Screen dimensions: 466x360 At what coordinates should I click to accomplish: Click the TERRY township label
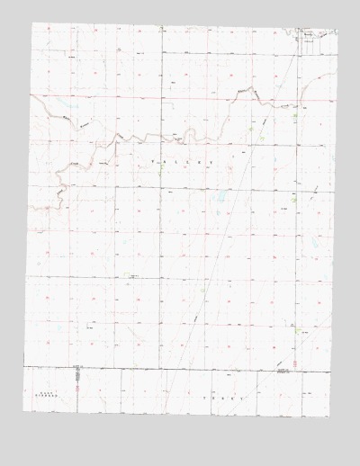pyautogui.click(x=224, y=397)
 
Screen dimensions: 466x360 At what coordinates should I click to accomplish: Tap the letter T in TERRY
pyautogui.click(x=205, y=397)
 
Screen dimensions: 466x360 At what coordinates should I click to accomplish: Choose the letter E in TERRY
pyautogui.click(x=214, y=397)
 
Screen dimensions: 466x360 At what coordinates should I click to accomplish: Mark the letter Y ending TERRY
pyautogui.click(x=243, y=397)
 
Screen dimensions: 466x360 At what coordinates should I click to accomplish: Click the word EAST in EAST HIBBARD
pyautogui.click(x=39, y=392)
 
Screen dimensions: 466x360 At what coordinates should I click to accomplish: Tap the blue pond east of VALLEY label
pyautogui.click(x=220, y=195)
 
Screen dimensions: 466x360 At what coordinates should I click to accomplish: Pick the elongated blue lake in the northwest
pyautogui.click(x=65, y=115)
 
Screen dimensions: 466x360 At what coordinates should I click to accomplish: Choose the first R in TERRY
pyautogui.click(x=224, y=397)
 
